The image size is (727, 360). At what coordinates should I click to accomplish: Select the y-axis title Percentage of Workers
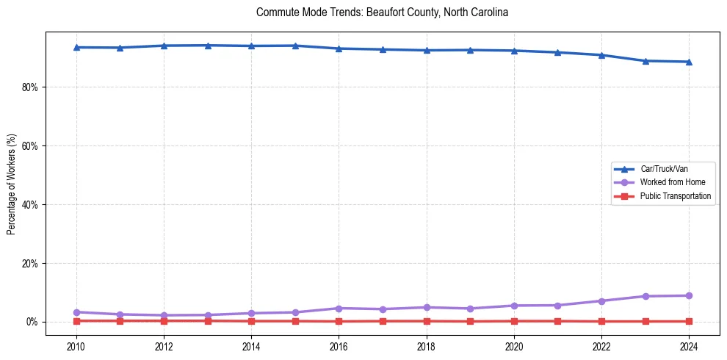11,184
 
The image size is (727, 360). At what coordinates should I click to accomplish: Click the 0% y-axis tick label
32,322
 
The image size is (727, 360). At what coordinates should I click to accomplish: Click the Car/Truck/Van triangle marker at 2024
689,62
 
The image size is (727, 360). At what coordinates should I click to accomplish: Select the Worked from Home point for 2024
689,295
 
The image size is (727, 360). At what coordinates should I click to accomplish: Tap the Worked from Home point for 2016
339,308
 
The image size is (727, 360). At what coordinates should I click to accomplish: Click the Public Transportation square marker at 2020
514,321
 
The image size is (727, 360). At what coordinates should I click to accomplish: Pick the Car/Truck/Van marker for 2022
601,55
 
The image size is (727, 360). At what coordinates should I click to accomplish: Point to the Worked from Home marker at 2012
164,315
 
